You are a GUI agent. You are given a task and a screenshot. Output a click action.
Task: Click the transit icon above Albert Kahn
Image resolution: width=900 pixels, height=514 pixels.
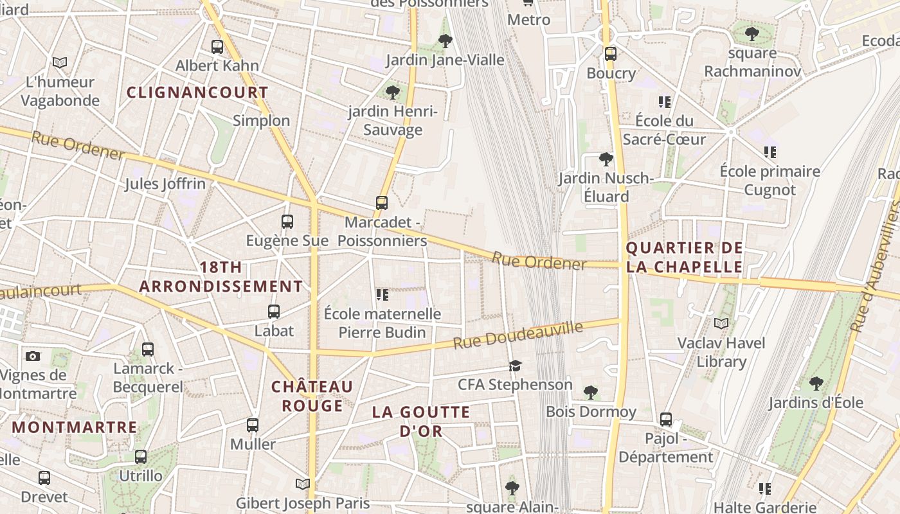point(217,46)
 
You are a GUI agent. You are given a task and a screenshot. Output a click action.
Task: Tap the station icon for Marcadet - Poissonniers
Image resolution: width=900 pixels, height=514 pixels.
point(382,203)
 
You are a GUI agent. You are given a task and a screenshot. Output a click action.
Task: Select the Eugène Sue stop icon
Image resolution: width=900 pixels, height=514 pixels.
point(287,222)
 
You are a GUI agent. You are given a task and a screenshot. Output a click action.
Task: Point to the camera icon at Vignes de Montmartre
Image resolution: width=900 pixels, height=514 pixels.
point(33,356)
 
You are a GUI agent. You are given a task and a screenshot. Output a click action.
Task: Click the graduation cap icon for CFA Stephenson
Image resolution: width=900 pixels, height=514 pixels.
point(515,366)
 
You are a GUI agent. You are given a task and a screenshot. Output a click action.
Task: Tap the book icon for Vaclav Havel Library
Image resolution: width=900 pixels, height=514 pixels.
point(722,323)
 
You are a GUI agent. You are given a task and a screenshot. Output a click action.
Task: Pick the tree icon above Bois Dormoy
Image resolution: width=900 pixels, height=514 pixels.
point(590,392)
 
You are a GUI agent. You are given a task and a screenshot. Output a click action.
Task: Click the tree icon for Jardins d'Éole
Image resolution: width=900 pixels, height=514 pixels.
point(816,384)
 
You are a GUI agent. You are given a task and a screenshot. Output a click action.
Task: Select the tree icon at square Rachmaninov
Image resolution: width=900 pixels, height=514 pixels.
point(751,33)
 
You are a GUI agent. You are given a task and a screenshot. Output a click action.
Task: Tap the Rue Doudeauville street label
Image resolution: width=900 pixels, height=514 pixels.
point(518,335)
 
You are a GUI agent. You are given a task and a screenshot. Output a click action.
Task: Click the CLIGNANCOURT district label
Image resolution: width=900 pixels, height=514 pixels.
point(197,93)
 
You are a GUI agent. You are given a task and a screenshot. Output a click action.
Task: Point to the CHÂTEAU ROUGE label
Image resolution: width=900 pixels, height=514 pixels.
point(312,396)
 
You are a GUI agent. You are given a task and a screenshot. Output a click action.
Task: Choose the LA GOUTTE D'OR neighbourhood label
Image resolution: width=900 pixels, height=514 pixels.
point(421,421)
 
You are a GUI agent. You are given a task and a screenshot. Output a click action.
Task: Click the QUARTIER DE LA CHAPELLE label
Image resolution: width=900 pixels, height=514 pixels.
point(684,257)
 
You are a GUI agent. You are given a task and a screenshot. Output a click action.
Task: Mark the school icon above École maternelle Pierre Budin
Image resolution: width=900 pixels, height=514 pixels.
point(382,295)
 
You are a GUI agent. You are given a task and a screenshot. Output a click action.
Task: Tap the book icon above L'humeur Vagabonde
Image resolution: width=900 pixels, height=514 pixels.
point(60,63)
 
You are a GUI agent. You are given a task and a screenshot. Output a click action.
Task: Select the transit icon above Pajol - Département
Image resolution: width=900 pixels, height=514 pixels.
point(666,420)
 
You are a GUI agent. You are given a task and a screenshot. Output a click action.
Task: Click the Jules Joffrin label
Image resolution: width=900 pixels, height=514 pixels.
point(165,184)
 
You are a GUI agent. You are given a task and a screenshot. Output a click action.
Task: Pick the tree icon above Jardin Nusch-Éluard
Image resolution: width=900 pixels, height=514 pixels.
point(606,159)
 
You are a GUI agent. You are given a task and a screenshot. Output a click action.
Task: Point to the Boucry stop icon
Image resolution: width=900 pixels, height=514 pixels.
point(611,54)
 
